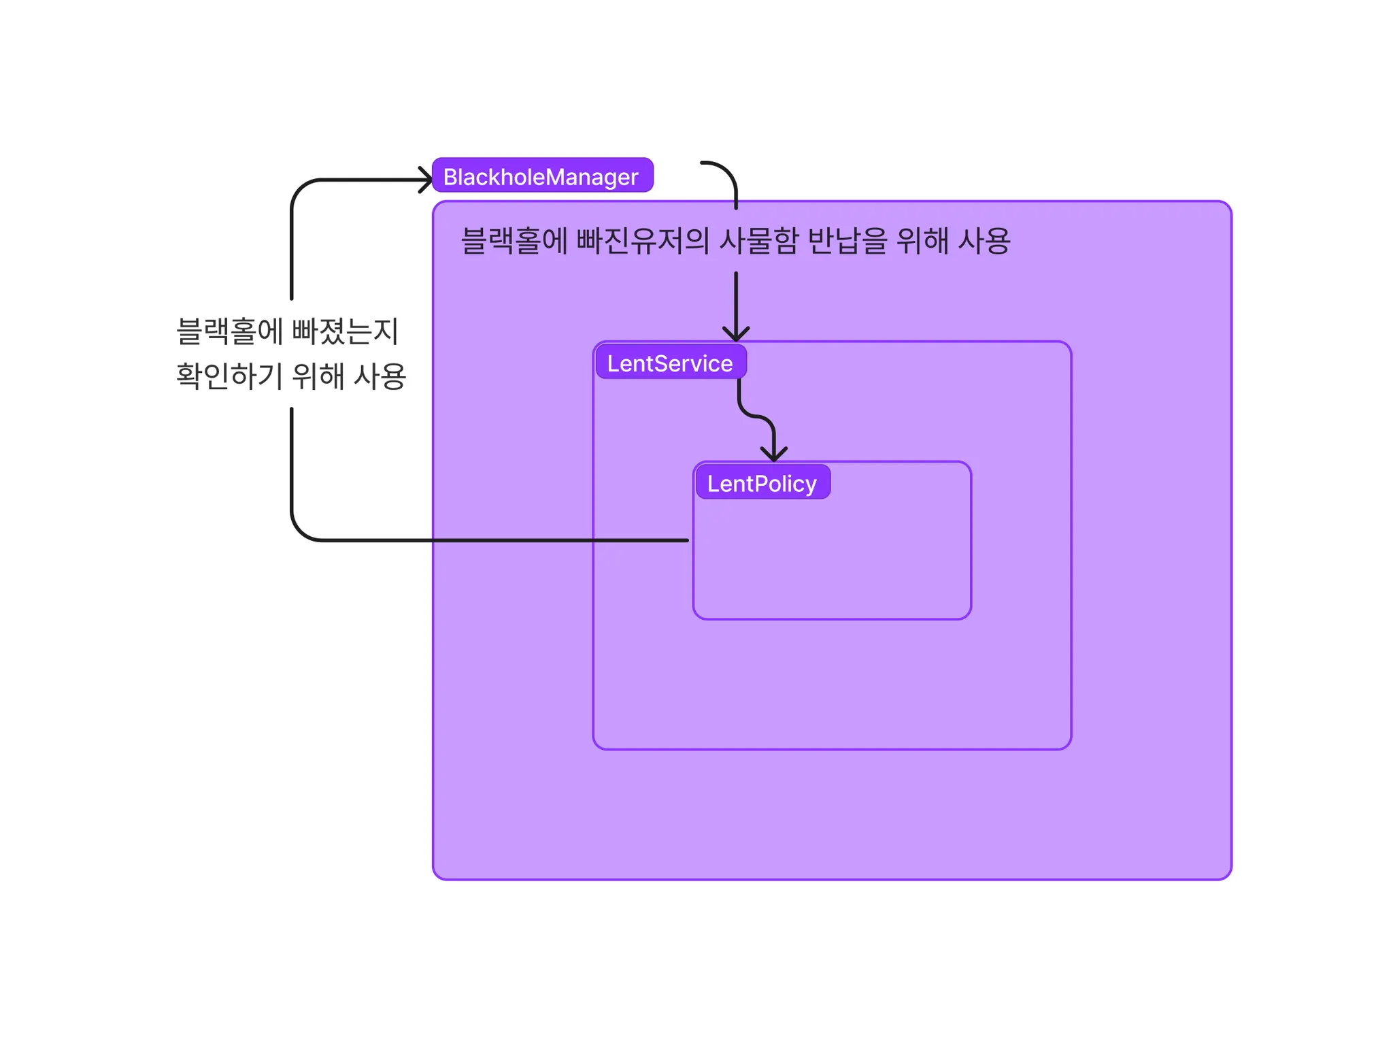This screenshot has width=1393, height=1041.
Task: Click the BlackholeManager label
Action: [x=542, y=176]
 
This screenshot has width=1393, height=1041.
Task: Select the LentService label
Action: [x=670, y=363]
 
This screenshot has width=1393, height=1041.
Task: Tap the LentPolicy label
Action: [x=762, y=482]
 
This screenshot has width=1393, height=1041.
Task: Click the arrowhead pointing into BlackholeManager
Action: [x=426, y=180]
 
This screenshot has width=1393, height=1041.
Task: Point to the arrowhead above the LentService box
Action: [x=735, y=333]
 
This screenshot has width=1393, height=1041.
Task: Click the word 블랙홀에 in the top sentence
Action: [x=514, y=241]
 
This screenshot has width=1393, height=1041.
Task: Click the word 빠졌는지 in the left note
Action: [x=346, y=332]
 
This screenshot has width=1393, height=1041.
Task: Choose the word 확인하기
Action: [x=229, y=376]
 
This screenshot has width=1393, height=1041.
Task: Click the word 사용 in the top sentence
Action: [x=984, y=241]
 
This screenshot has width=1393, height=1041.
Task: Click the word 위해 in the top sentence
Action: [x=922, y=241]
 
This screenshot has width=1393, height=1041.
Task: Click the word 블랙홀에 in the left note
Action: [x=229, y=332]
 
